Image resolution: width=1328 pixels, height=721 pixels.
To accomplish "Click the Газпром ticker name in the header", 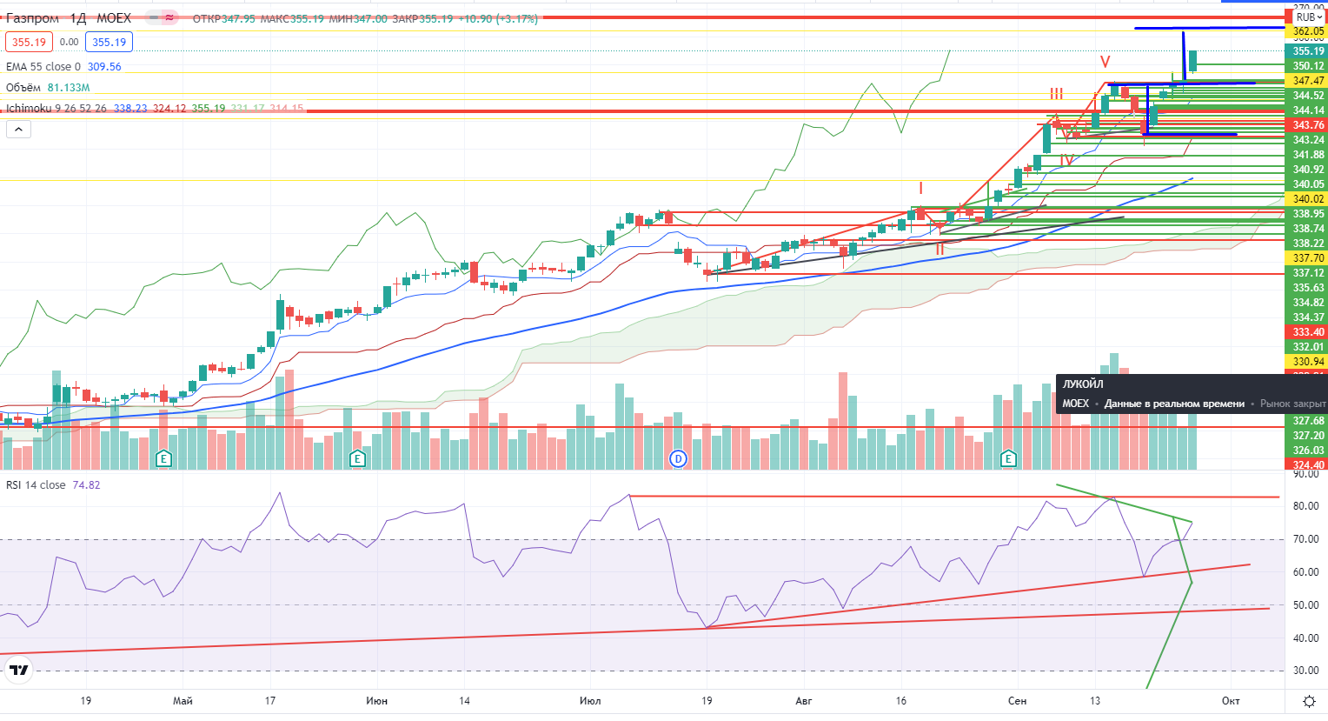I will point(33,18).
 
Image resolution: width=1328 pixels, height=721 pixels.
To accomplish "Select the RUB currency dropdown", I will point(1306,17).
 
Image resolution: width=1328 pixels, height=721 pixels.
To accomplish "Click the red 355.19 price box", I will point(29,42).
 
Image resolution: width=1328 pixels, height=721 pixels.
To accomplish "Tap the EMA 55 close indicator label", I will point(43,67).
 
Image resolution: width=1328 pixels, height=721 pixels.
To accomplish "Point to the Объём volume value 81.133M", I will point(69,88).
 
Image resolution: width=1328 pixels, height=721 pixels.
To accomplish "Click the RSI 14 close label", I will point(36,485).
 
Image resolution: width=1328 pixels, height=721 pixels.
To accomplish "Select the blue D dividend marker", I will point(679,458).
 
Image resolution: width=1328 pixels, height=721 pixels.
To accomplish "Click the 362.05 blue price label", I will point(1308,31).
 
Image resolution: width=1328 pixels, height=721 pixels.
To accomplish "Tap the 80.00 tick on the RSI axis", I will point(1305,506).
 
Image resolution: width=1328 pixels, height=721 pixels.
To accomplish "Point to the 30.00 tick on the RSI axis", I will point(1305,671).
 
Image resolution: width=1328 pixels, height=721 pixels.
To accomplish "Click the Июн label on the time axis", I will point(376,701).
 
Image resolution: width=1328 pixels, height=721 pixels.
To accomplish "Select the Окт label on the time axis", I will point(1230,701).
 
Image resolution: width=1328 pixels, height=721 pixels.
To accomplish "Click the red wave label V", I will point(1105,63).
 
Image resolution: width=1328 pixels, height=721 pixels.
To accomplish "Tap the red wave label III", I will point(1056,94).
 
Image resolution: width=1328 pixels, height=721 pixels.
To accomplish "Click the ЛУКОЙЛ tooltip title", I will point(1083,384).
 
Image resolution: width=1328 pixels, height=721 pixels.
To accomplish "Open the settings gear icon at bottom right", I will point(1309,701).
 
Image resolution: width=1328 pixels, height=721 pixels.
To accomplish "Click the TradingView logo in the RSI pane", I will point(18,670).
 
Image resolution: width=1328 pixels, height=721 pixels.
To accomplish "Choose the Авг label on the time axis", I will point(803,701).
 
